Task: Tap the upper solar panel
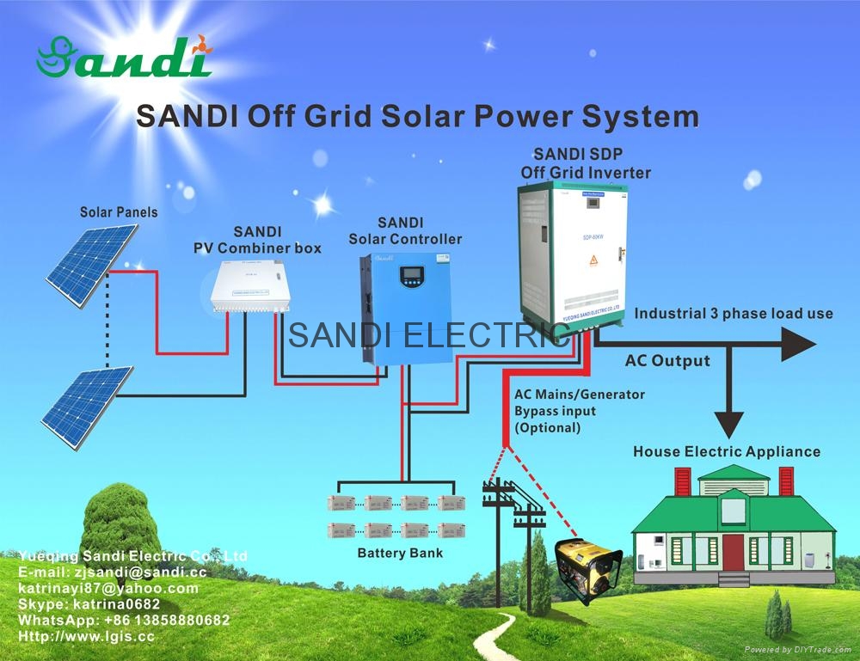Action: pyautogui.click(x=91, y=264)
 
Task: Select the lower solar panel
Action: pyautogui.click(x=87, y=406)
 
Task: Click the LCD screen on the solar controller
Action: pyautogui.click(x=411, y=277)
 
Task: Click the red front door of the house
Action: pyautogui.click(x=733, y=551)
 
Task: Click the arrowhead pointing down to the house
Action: pyautogui.click(x=729, y=423)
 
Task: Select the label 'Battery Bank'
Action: pyautogui.click(x=400, y=553)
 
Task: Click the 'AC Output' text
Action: pyautogui.click(x=667, y=360)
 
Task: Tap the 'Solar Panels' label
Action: pyautogui.click(x=119, y=211)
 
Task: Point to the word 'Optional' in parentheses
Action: pyautogui.click(x=547, y=427)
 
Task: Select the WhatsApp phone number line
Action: pyautogui.click(x=124, y=620)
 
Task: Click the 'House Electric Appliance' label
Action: pyautogui.click(x=727, y=451)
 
